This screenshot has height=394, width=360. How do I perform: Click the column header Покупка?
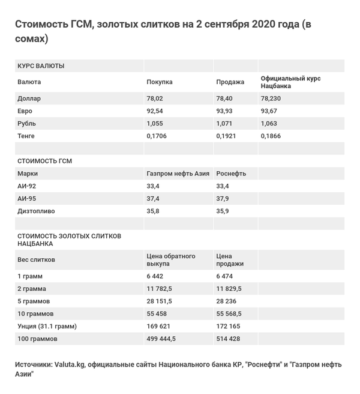160,82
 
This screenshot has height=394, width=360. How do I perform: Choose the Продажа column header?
230,82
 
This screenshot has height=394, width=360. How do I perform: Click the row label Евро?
25,111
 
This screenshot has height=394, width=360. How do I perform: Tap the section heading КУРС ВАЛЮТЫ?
41,65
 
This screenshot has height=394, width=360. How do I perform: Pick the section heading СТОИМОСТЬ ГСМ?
45,161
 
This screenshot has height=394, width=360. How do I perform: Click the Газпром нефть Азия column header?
178,174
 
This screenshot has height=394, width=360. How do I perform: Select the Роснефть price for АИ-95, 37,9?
223,199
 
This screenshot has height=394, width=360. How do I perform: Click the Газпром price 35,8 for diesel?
154,211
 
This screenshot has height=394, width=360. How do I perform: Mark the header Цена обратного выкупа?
171,260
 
